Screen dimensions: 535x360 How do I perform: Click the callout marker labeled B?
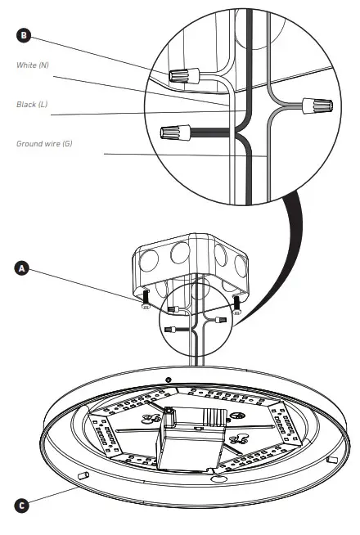pyautogui.click(x=23, y=35)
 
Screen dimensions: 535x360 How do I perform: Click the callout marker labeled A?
pyautogui.click(x=23, y=267)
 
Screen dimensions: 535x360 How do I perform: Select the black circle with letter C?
pyautogui.click(x=23, y=505)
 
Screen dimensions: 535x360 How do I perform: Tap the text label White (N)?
pyautogui.click(x=34, y=65)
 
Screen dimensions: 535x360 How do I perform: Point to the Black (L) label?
pyautogui.click(x=33, y=105)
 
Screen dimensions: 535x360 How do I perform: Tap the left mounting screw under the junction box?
pyautogui.click(x=144, y=297)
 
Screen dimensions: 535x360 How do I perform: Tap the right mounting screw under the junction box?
pyautogui.click(x=238, y=301)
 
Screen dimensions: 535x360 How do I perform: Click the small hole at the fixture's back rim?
pyautogui.click(x=168, y=380)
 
